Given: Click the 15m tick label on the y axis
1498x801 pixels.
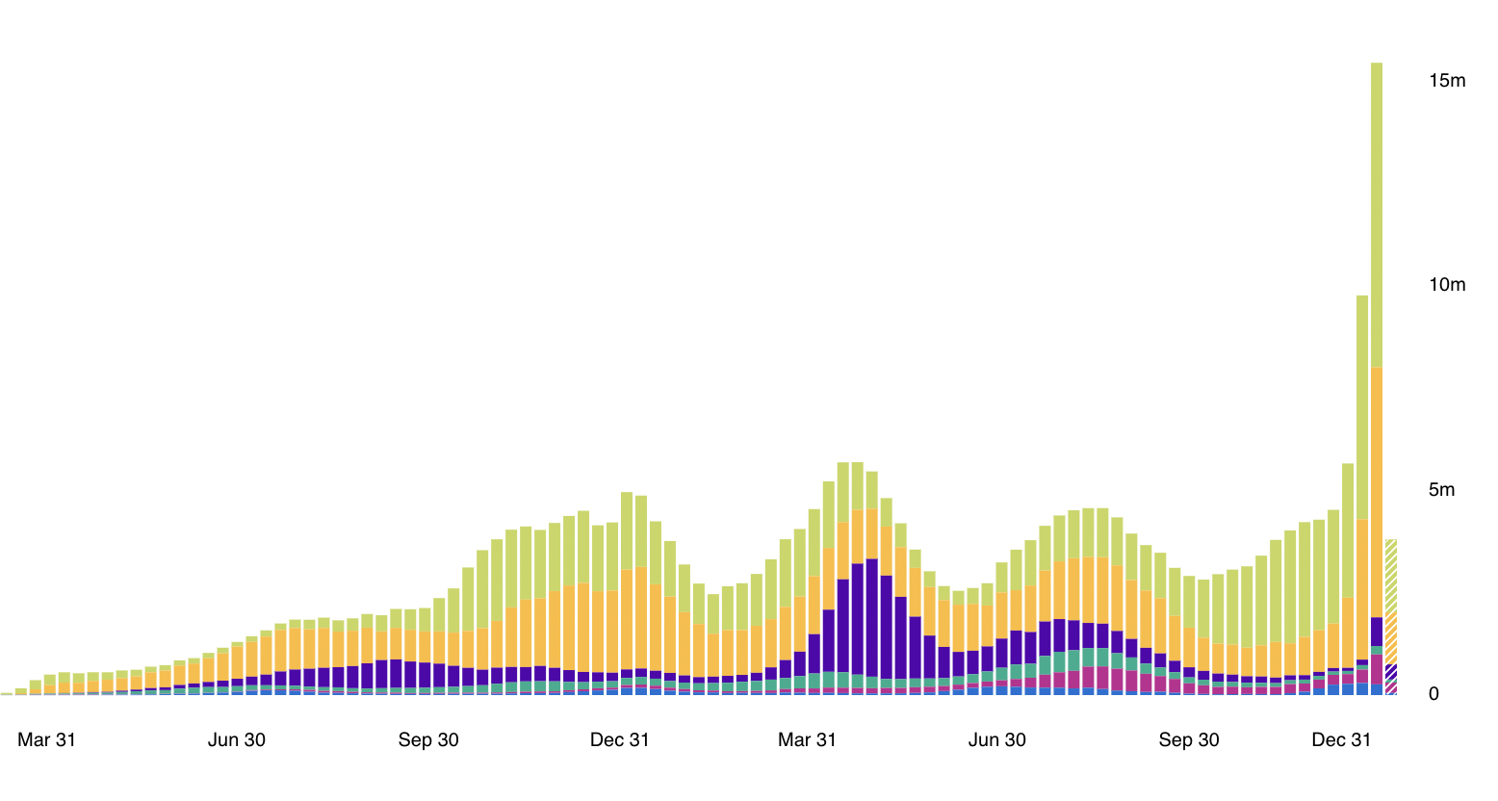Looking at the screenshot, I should pos(1446,81).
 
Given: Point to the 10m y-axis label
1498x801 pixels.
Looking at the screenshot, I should pos(1446,285).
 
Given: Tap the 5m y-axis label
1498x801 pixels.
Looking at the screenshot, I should pos(1441,490).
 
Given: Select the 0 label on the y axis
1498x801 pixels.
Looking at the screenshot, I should pos(1433,694).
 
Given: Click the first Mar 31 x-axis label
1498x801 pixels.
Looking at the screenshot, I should pos(46,740).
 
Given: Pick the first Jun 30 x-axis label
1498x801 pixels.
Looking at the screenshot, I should pos(237,740).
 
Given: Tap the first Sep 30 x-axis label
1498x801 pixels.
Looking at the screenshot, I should pos(428,740).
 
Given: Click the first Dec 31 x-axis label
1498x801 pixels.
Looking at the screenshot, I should pos(619,740).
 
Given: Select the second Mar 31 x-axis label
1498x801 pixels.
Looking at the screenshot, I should pos(807,740).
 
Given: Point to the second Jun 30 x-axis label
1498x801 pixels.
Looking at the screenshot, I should pos(996,740).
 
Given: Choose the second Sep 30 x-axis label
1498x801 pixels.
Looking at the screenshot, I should pos(1188,740).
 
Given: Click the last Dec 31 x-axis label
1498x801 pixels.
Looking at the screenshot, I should pos(1341,740).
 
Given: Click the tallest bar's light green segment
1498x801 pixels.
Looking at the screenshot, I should pos(1377,212).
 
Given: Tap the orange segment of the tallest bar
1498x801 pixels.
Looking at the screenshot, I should pos(1377,491).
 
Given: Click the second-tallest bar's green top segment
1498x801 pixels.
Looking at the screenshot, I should pos(1362,404).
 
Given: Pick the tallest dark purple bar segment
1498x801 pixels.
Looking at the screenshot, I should pos(871,616).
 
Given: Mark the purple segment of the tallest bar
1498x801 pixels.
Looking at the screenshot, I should pos(1377,632).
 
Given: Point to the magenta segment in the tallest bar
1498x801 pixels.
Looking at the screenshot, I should pos(1377,667).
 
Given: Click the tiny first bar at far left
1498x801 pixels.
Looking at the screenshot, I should pos(7,693).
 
